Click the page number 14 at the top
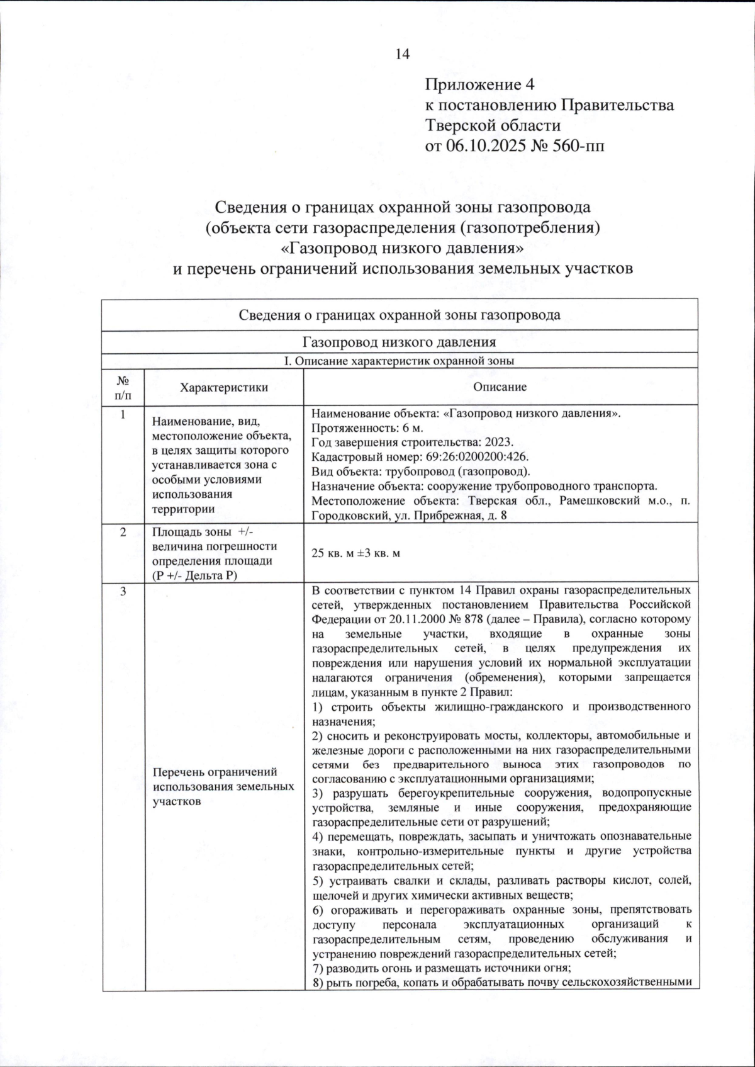coord(402,54)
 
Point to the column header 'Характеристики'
coord(224,387)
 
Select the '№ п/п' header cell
coord(123,387)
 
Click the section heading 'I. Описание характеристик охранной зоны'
coord(400,361)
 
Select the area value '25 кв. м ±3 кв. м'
coord(356,553)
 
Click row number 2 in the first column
coord(123,532)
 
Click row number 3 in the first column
coord(123,591)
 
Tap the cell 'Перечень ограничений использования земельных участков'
coord(223,786)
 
